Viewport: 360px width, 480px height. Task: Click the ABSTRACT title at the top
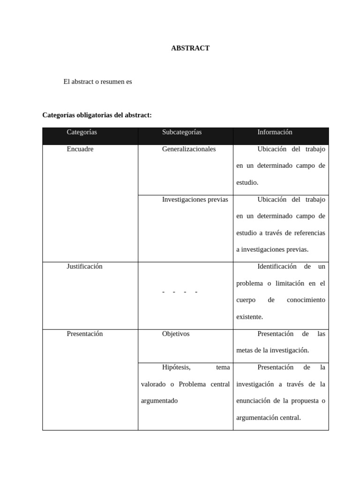click(x=190, y=48)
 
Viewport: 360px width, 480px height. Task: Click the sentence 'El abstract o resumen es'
click(x=97, y=82)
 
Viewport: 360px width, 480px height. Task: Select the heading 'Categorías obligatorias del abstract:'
click(x=97, y=115)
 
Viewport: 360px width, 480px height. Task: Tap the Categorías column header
click(x=82, y=132)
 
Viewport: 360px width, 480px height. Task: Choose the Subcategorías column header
click(x=182, y=132)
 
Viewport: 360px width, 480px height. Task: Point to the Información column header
click(x=275, y=132)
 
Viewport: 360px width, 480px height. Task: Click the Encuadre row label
click(x=80, y=149)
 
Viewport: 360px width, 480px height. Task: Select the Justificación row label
click(x=84, y=266)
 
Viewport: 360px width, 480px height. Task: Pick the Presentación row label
click(x=84, y=334)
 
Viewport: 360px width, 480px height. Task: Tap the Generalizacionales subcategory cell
click(x=189, y=149)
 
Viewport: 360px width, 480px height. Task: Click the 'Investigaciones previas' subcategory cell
click(x=195, y=199)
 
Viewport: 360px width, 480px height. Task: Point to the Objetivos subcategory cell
click(x=176, y=334)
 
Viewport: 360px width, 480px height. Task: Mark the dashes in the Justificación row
click(x=180, y=292)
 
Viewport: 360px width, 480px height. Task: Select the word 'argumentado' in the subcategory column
click(x=159, y=401)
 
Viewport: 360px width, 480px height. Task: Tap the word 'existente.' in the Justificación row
click(x=249, y=317)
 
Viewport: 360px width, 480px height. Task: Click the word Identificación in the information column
click(x=277, y=266)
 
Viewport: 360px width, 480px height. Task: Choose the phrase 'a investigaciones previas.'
click(x=272, y=249)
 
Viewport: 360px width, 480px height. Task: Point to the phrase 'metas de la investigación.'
click(x=273, y=350)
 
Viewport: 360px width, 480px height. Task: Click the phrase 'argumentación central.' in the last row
click(x=268, y=417)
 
